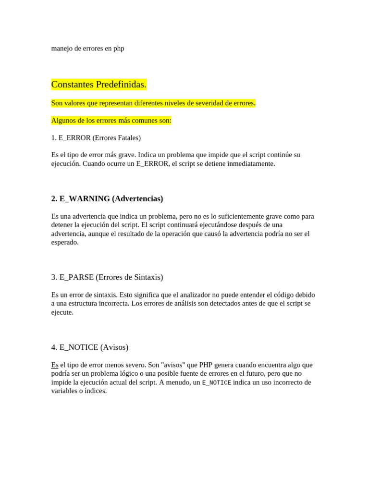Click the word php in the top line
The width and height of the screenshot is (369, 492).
click(x=119, y=49)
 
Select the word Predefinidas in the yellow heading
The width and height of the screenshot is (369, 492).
click(x=122, y=85)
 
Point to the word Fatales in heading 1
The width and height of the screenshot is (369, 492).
click(x=125, y=138)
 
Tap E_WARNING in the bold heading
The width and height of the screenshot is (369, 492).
click(x=85, y=198)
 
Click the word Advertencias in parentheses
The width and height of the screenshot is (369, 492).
click(x=137, y=198)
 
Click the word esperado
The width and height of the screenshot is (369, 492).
click(x=64, y=242)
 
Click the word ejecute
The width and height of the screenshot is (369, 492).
click(x=62, y=312)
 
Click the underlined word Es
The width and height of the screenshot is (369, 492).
click(x=55, y=365)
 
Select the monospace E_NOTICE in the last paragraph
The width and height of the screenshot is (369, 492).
click(x=216, y=382)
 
